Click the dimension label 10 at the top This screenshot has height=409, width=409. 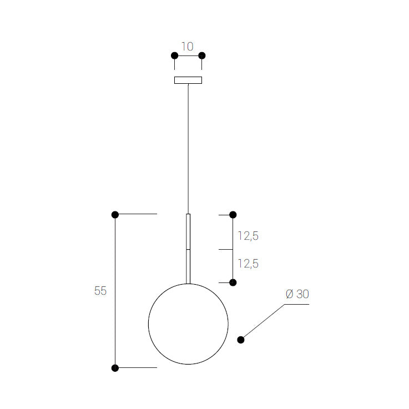tap(188, 46)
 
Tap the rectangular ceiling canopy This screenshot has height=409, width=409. tap(188, 80)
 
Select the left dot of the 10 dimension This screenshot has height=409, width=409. tap(174, 55)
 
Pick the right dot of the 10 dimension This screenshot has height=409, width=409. tap(202, 55)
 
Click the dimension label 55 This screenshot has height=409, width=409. tap(100, 291)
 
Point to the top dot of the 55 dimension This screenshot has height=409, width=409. tap(115, 215)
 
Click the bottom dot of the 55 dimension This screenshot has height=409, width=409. tap(115, 368)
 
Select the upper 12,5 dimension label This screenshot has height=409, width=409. tap(248, 236)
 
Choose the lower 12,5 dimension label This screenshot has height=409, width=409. tap(248, 264)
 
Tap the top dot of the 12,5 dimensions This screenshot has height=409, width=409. tap(233, 215)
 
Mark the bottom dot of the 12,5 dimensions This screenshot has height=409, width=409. tap(233, 282)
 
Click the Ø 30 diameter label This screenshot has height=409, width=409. tap(297, 294)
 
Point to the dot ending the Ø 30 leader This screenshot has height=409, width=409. tap(241, 340)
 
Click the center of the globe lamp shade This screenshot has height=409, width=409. tap(188, 324)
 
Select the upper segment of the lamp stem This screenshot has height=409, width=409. tap(188, 231)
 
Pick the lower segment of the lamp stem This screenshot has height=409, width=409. tap(188, 266)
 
